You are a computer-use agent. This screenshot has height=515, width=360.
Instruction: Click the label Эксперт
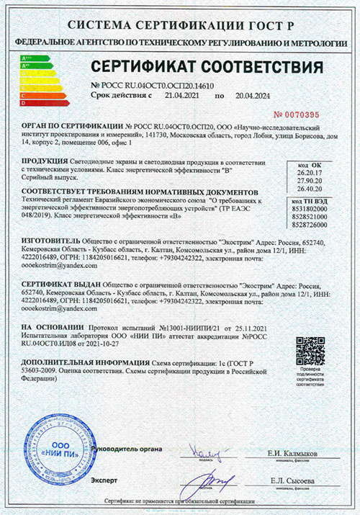point(102,480)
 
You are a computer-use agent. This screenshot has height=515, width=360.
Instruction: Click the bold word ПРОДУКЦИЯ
point(45,161)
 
